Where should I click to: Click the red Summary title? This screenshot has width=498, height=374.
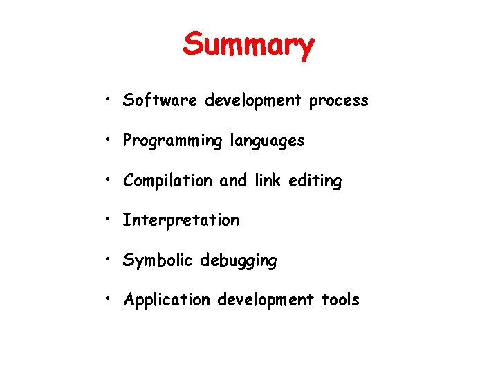tap(248, 45)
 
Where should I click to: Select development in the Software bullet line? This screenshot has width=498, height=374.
tap(253, 101)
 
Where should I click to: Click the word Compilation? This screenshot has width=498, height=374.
tap(168, 181)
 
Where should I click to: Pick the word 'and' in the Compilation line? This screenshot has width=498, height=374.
tap(233, 181)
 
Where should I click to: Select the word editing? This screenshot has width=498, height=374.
tap(315, 181)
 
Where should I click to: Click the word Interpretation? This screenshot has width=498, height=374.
tap(181, 221)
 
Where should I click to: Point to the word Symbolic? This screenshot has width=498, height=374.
tap(158, 261)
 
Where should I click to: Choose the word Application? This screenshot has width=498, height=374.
tap(167, 301)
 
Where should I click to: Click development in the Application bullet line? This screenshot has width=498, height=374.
tap(266, 300)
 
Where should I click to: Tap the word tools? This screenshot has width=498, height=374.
tap(340, 300)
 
